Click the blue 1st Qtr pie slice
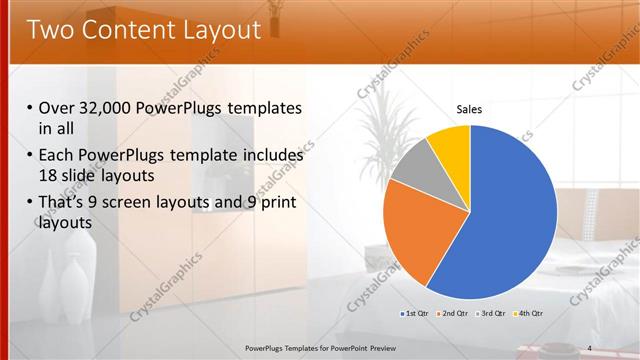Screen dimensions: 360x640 point(510,220)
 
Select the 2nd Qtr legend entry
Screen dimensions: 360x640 point(454,314)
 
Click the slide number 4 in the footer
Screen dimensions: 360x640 point(590,347)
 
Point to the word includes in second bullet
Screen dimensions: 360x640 point(269,156)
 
